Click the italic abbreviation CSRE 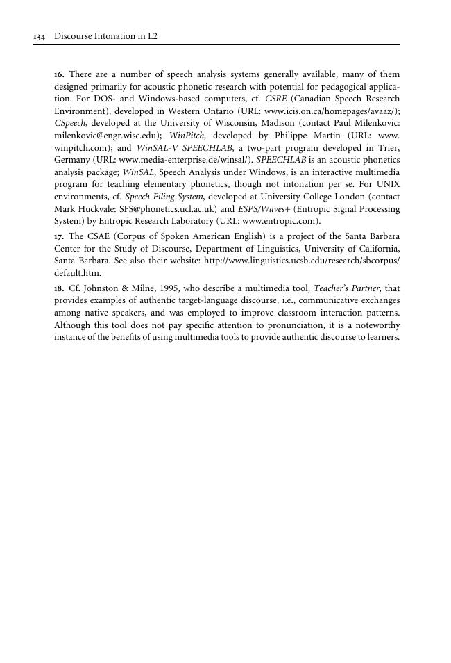coord(273,99)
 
